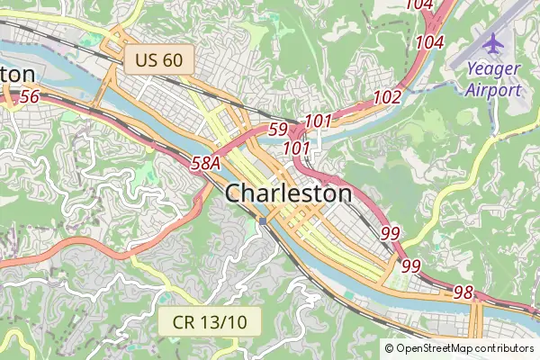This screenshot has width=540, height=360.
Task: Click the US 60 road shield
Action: [x=159, y=60]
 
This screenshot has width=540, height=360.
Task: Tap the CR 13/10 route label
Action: [x=209, y=319]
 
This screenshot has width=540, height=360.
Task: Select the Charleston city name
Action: [x=288, y=193]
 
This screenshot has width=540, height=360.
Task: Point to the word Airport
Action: [x=493, y=89]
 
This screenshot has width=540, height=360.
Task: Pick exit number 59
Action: [x=278, y=130]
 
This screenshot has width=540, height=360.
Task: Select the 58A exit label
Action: [x=206, y=163]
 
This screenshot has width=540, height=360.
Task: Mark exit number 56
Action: [x=30, y=96]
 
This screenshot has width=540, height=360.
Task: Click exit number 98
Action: [x=463, y=292]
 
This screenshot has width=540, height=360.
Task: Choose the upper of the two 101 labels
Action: [x=319, y=121]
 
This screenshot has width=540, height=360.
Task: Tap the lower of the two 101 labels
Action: [x=296, y=147]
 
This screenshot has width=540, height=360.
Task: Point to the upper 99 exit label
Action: [x=391, y=233]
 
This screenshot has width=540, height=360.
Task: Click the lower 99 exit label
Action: [x=410, y=265]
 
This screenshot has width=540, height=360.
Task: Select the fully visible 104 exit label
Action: [x=430, y=41]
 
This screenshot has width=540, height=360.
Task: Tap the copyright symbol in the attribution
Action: [x=389, y=348]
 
